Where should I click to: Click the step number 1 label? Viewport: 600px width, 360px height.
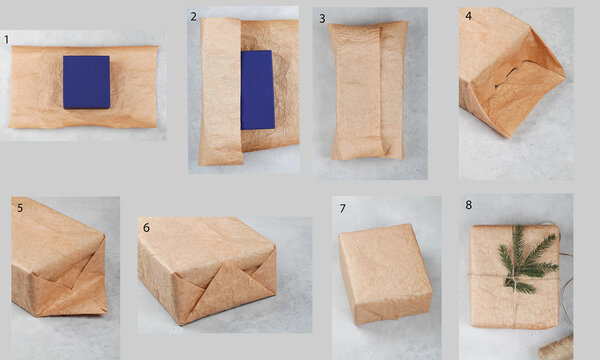click(x=6, y=40)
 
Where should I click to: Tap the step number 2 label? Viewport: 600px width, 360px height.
click(x=193, y=16)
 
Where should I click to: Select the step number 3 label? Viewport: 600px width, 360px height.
click(x=322, y=18)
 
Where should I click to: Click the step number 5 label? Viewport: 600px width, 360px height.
click(x=20, y=207)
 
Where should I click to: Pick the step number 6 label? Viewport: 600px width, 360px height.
click(x=146, y=227)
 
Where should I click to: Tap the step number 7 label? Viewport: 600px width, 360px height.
click(x=342, y=208)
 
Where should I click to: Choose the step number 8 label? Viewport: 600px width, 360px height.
click(x=468, y=205)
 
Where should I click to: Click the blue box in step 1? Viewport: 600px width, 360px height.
click(x=86, y=82)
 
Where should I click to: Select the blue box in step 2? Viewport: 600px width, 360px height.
click(x=257, y=90)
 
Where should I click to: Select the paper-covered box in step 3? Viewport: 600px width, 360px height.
click(x=368, y=90)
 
